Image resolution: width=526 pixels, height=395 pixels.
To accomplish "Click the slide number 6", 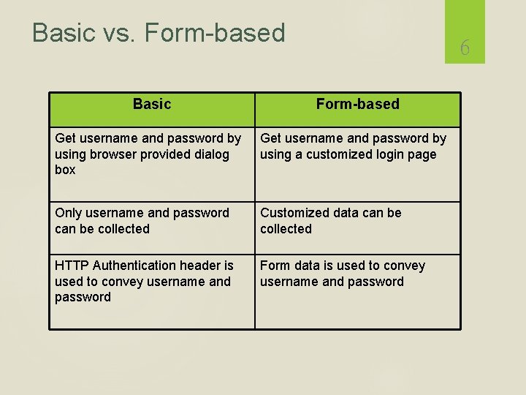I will [x=465, y=49].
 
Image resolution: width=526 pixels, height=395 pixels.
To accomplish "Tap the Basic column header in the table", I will [x=152, y=104].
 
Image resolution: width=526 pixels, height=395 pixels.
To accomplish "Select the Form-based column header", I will [x=357, y=104].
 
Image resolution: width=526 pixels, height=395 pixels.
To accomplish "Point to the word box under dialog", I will [x=65, y=170].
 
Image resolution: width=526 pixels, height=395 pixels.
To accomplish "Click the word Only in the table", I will [x=68, y=213].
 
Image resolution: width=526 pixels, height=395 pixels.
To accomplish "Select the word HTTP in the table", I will [x=72, y=266].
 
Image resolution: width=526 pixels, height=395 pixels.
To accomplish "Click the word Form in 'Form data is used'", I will [x=275, y=266].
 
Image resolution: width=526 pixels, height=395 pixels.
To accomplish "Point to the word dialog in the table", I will [x=211, y=154].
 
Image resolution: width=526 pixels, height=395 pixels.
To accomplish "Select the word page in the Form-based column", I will [x=423, y=154].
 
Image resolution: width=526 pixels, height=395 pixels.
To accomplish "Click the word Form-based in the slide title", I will [x=216, y=33].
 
